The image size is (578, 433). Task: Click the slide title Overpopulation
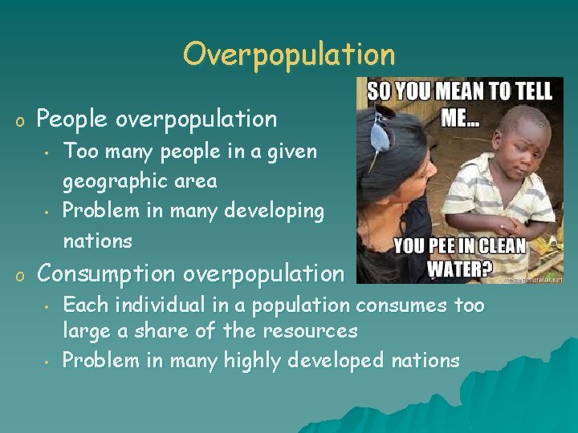[289, 55]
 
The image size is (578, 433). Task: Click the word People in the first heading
[73, 119]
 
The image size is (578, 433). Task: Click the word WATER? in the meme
[458, 267]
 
